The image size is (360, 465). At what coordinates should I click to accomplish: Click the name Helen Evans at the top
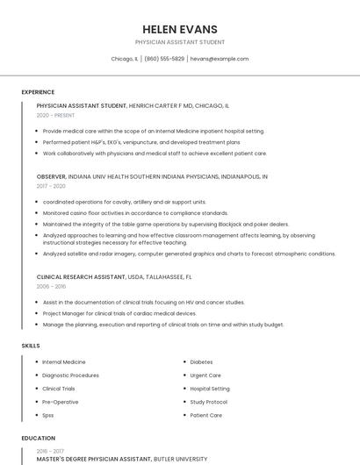point(179,29)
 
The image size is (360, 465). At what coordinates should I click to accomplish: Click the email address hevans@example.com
point(220,59)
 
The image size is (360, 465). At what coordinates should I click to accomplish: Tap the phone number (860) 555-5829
point(164,59)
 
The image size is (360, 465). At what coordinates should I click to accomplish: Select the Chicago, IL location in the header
point(124,59)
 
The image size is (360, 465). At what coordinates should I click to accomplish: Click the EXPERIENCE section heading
point(38,92)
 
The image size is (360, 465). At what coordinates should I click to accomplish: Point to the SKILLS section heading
point(31,346)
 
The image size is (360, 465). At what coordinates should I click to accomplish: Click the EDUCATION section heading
point(38,438)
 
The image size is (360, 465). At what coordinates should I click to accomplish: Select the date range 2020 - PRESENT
point(55,115)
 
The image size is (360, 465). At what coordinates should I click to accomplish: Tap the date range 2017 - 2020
point(51,186)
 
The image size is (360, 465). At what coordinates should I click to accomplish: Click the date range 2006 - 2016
point(51,286)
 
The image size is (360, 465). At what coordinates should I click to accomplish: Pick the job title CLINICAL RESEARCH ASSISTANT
point(80,276)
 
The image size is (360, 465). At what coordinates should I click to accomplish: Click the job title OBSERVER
point(52,176)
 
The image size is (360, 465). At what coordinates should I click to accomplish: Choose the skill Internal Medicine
point(64,361)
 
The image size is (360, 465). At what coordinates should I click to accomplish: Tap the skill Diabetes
point(201,361)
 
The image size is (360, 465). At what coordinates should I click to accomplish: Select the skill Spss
point(48,415)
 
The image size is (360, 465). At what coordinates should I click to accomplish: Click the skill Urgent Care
point(205,375)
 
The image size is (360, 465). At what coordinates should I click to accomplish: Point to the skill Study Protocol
point(209,402)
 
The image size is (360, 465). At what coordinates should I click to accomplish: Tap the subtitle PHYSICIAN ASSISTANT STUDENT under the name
point(179,42)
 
